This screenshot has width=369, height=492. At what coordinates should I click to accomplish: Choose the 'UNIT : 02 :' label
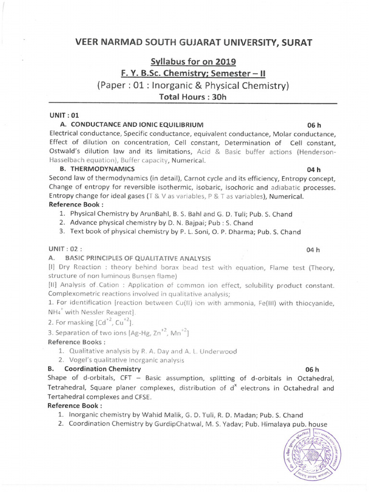(65, 249)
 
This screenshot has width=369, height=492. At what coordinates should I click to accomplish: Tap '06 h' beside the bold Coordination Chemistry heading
(312, 369)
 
